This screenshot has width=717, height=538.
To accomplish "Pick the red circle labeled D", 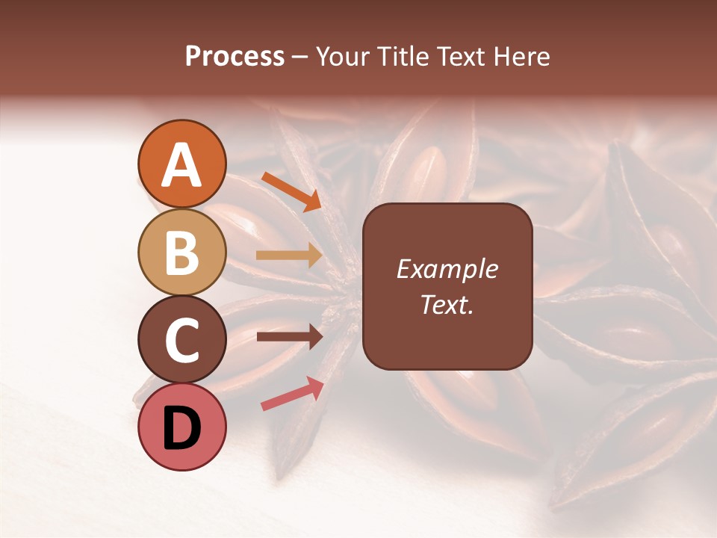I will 181,427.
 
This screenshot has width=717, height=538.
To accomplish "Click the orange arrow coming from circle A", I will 291,191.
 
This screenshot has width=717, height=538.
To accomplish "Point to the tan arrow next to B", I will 290,256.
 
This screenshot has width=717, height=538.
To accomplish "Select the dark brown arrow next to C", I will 290,337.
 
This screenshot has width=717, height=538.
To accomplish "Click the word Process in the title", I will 235,57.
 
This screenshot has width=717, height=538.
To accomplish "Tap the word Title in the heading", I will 399,57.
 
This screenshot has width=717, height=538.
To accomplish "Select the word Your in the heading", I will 344,57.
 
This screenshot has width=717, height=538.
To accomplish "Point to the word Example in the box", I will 447,270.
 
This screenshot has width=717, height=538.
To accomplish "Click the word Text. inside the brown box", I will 447,304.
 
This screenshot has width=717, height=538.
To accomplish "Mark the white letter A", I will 181,166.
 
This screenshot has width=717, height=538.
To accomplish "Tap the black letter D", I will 181,428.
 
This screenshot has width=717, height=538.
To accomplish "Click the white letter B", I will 181,253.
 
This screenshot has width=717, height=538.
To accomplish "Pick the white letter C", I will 181,340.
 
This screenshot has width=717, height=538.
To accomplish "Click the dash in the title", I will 300,58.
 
